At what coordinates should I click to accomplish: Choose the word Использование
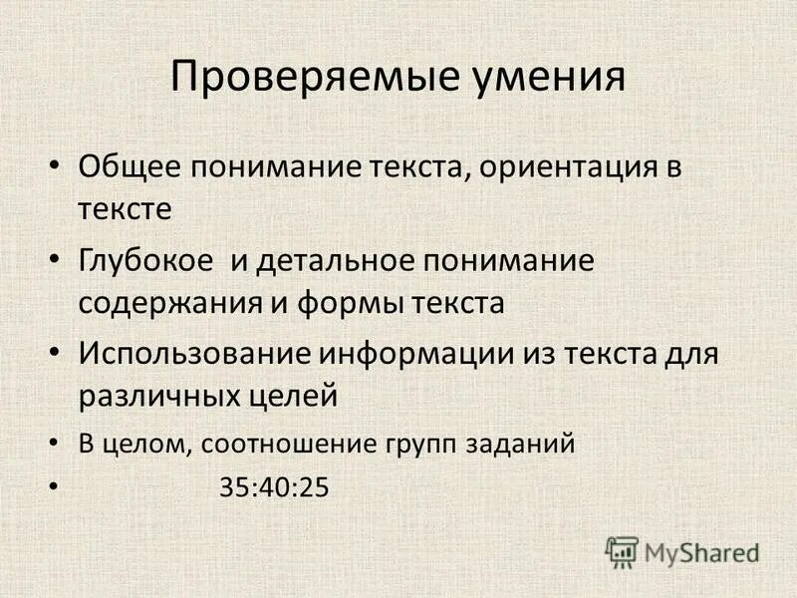195,353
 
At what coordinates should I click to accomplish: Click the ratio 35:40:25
273,488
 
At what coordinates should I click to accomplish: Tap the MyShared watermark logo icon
622,551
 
